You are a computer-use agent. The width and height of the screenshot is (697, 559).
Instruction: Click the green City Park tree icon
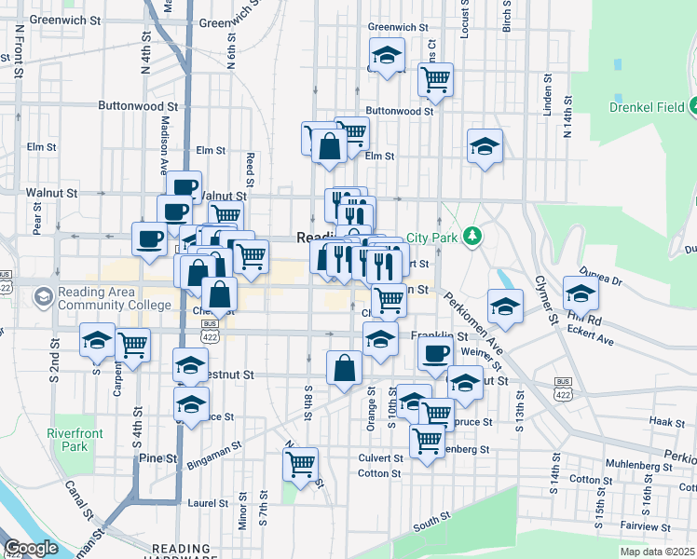[473, 237]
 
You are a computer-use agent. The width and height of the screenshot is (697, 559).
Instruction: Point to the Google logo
[31, 548]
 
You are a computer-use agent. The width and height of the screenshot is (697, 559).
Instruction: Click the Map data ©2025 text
[657, 552]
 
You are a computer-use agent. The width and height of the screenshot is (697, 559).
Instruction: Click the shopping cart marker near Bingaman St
[300, 464]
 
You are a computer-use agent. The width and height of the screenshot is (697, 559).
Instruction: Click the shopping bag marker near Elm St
[328, 146]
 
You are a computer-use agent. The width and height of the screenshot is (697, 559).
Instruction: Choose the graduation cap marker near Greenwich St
[387, 55]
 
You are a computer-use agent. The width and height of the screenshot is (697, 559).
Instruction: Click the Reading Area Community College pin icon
[42, 297]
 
